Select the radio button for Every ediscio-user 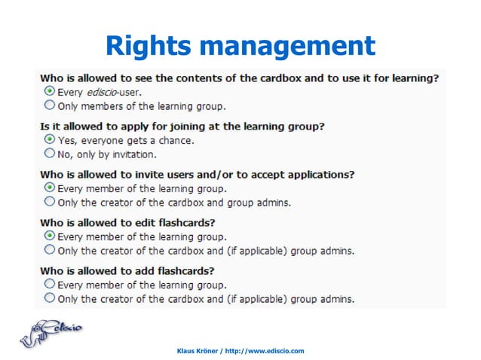click(x=50, y=91)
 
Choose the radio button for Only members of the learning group click(x=50, y=105)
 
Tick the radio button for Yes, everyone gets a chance click(x=50, y=139)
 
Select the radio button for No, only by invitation click(x=50, y=153)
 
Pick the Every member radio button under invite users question click(x=50, y=188)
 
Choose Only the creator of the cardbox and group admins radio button click(x=50, y=201)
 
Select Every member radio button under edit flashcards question click(x=50, y=236)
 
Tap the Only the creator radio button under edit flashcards click(x=50, y=249)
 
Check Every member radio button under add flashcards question click(x=50, y=284)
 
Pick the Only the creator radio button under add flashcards click(x=50, y=297)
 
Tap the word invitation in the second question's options click(x=132, y=154)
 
